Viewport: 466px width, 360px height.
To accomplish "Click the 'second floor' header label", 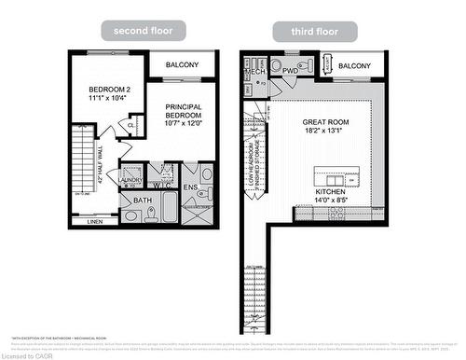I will [x=143, y=31].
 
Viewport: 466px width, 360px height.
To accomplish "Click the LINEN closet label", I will [x=94, y=222].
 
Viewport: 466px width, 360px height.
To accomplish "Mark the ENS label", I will [x=189, y=187].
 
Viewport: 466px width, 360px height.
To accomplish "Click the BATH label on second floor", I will [x=142, y=200].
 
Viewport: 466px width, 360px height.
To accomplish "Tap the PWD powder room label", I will [x=290, y=71].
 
